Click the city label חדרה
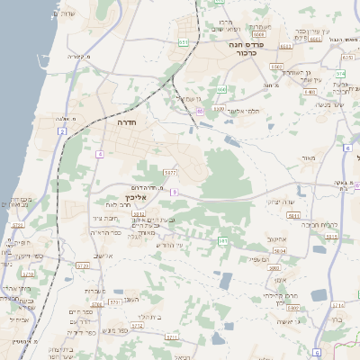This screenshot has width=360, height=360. pyautogui.click(x=119, y=121)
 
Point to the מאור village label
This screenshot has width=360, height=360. pyautogui.click(x=310, y=158)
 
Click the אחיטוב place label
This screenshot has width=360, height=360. pyautogui.click(x=275, y=238)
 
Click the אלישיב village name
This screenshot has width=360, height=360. pyautogui.click(x=103, y=256)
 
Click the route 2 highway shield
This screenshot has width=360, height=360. pyautogui.click(x=62, y=131)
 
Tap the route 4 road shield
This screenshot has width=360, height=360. pyautogui.click(x=99, y=155)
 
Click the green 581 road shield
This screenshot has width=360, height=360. pyautogui.click(x=222, y=241)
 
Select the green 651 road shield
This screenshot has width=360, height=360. pyautogui.click(x=184, y=41)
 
